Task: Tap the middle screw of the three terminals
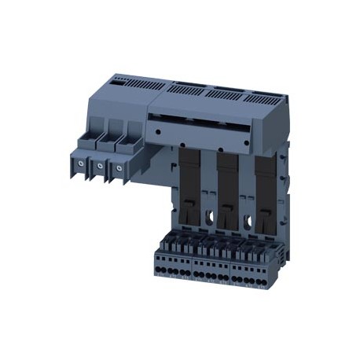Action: [x=98, y=167]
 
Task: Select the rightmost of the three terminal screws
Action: [x=118, y=167]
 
